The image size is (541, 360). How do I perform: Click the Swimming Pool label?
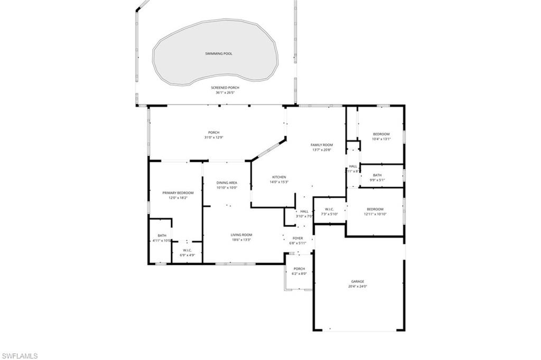click(x=218, y=53)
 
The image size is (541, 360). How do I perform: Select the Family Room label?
click(x=321, y=144)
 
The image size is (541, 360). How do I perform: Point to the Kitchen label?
click(x=279, y=177)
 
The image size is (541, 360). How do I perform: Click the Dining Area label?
click(x=227, y=182)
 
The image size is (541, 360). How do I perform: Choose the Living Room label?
click(x=241, y=235)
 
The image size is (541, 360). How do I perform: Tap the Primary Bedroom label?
click(x=178, y=193)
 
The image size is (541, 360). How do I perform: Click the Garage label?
click(x=358, y=281)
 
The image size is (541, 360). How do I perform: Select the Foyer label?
click(x=298, y=238)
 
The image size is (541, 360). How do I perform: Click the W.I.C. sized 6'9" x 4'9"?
click(x=187, y=250)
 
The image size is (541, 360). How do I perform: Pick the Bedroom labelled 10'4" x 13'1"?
click(x=381, y=134)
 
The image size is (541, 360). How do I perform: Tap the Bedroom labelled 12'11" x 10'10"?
click(x=375, y=209)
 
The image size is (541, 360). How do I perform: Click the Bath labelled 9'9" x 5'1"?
click(x=377, y=175)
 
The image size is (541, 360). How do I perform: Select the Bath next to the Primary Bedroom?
click(x=162, y=235)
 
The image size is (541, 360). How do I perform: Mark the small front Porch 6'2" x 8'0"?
click(x=299, y=269)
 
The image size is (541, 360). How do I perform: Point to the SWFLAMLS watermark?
click(x=20, y=355)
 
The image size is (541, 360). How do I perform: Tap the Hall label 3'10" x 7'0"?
click(x=304, y=211)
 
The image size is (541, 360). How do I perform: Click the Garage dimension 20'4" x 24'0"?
click(x=358, y=287)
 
